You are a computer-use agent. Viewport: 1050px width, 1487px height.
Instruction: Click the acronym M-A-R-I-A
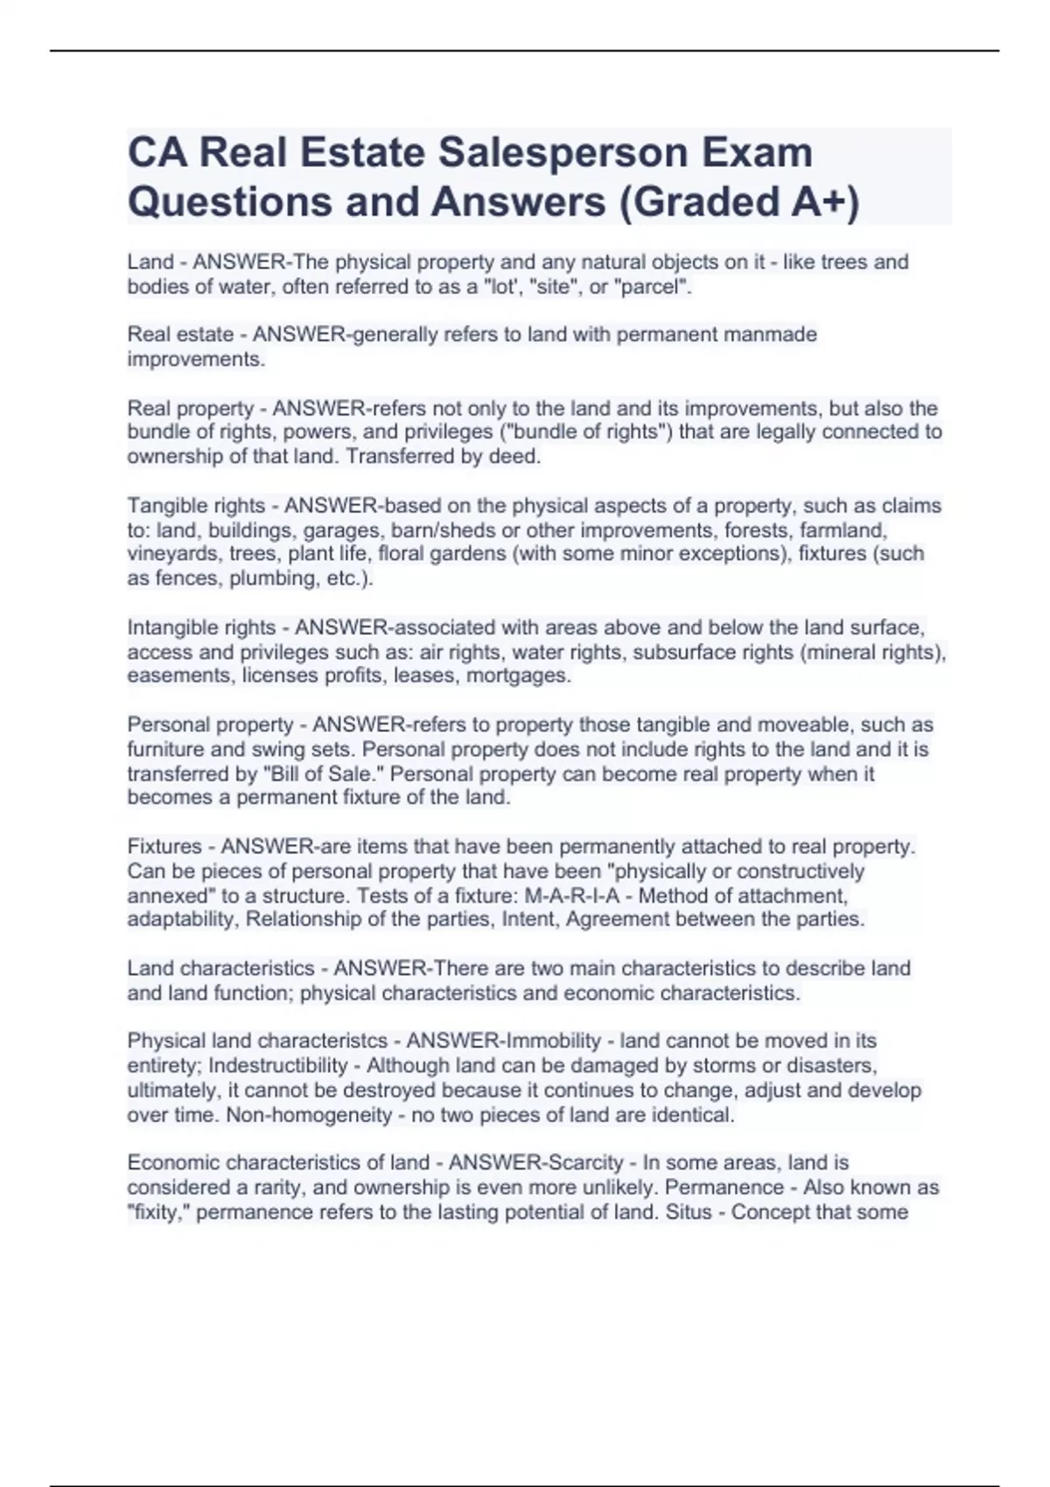[x=577, y=896]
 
